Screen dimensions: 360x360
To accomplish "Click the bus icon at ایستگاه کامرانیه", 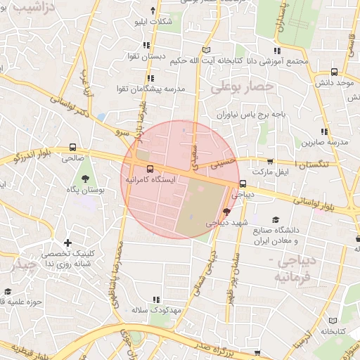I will point(150,169).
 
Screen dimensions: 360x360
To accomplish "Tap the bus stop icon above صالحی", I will point(72,148).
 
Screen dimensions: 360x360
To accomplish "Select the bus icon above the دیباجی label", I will point(243,184).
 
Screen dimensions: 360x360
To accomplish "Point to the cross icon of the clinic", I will point(67,243).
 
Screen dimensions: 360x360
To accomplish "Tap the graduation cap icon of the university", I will point(276,220).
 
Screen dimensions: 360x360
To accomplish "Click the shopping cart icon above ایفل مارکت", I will point(271,161).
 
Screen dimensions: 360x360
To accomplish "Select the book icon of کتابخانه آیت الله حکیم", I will point(206,50).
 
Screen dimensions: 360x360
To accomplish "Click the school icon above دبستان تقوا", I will point(146,44).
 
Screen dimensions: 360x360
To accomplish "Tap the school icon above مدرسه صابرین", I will point(324,131).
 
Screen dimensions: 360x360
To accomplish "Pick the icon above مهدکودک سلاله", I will point(155,300).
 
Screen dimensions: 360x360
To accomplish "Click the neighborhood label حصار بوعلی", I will point(236,86).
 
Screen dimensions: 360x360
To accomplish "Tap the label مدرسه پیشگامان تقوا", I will point(150,91).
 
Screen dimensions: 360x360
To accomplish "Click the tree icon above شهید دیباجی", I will point(226,211).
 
